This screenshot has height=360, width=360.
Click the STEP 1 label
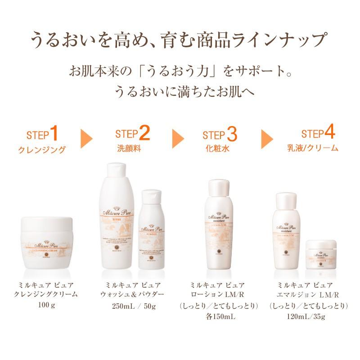(43, 134)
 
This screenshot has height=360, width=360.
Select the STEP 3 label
(220, 134)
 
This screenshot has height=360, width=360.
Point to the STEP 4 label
(318, 134)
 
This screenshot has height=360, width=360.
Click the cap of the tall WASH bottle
(118, 174)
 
